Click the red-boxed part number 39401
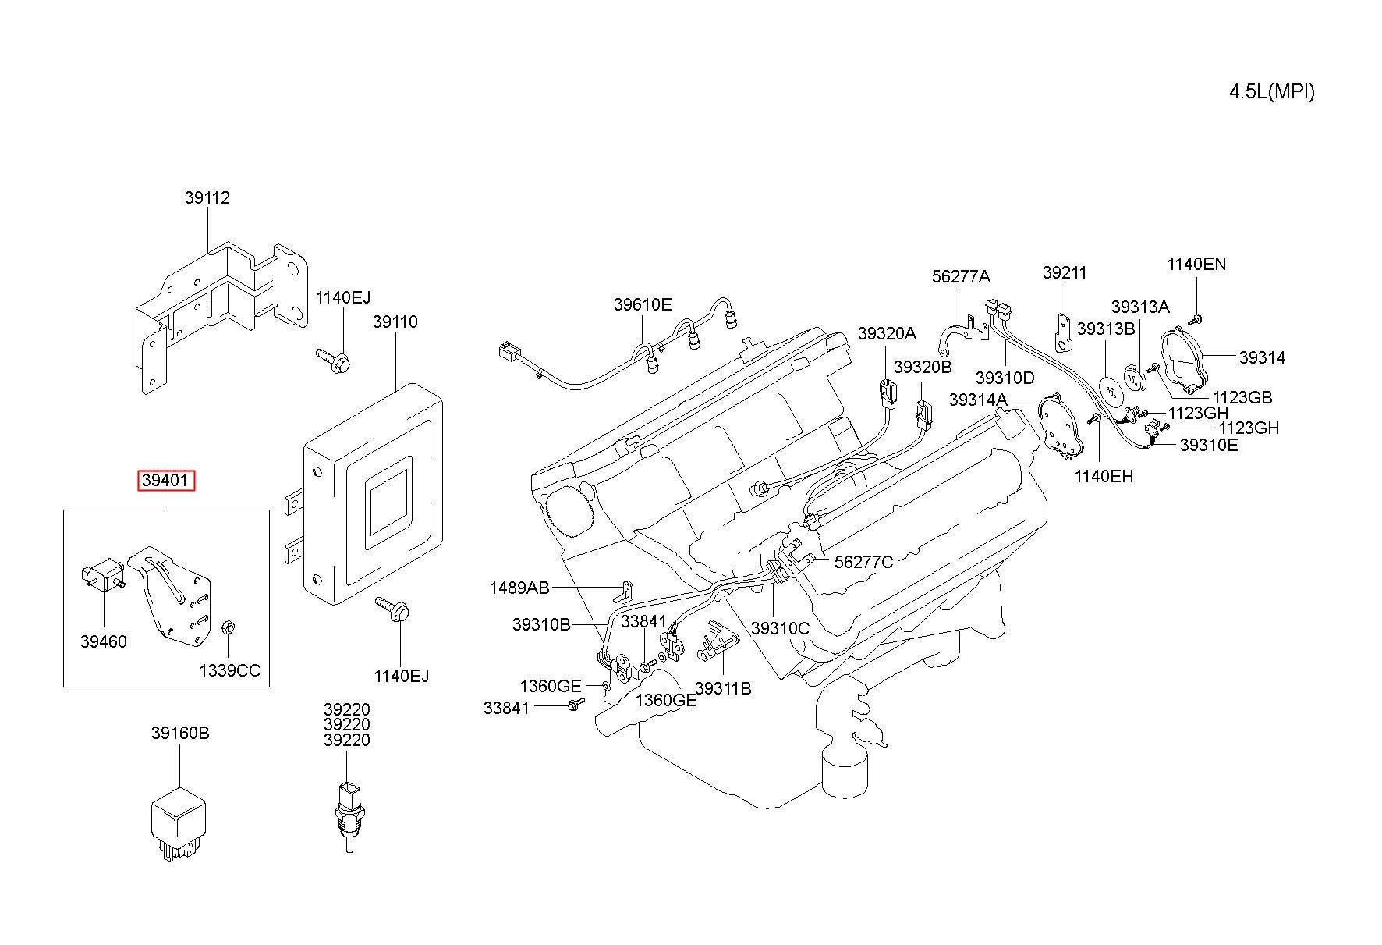166,481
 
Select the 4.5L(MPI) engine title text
1272,92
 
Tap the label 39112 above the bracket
207,198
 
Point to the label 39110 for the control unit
395,322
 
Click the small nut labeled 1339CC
229,627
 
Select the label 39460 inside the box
103,642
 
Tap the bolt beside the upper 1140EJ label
334,360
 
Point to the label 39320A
887,334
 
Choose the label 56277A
961,277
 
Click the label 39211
1065,273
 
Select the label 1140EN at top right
1196,265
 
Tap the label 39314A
978,400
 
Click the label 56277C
863,562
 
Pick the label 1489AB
519,588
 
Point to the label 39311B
723,689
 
